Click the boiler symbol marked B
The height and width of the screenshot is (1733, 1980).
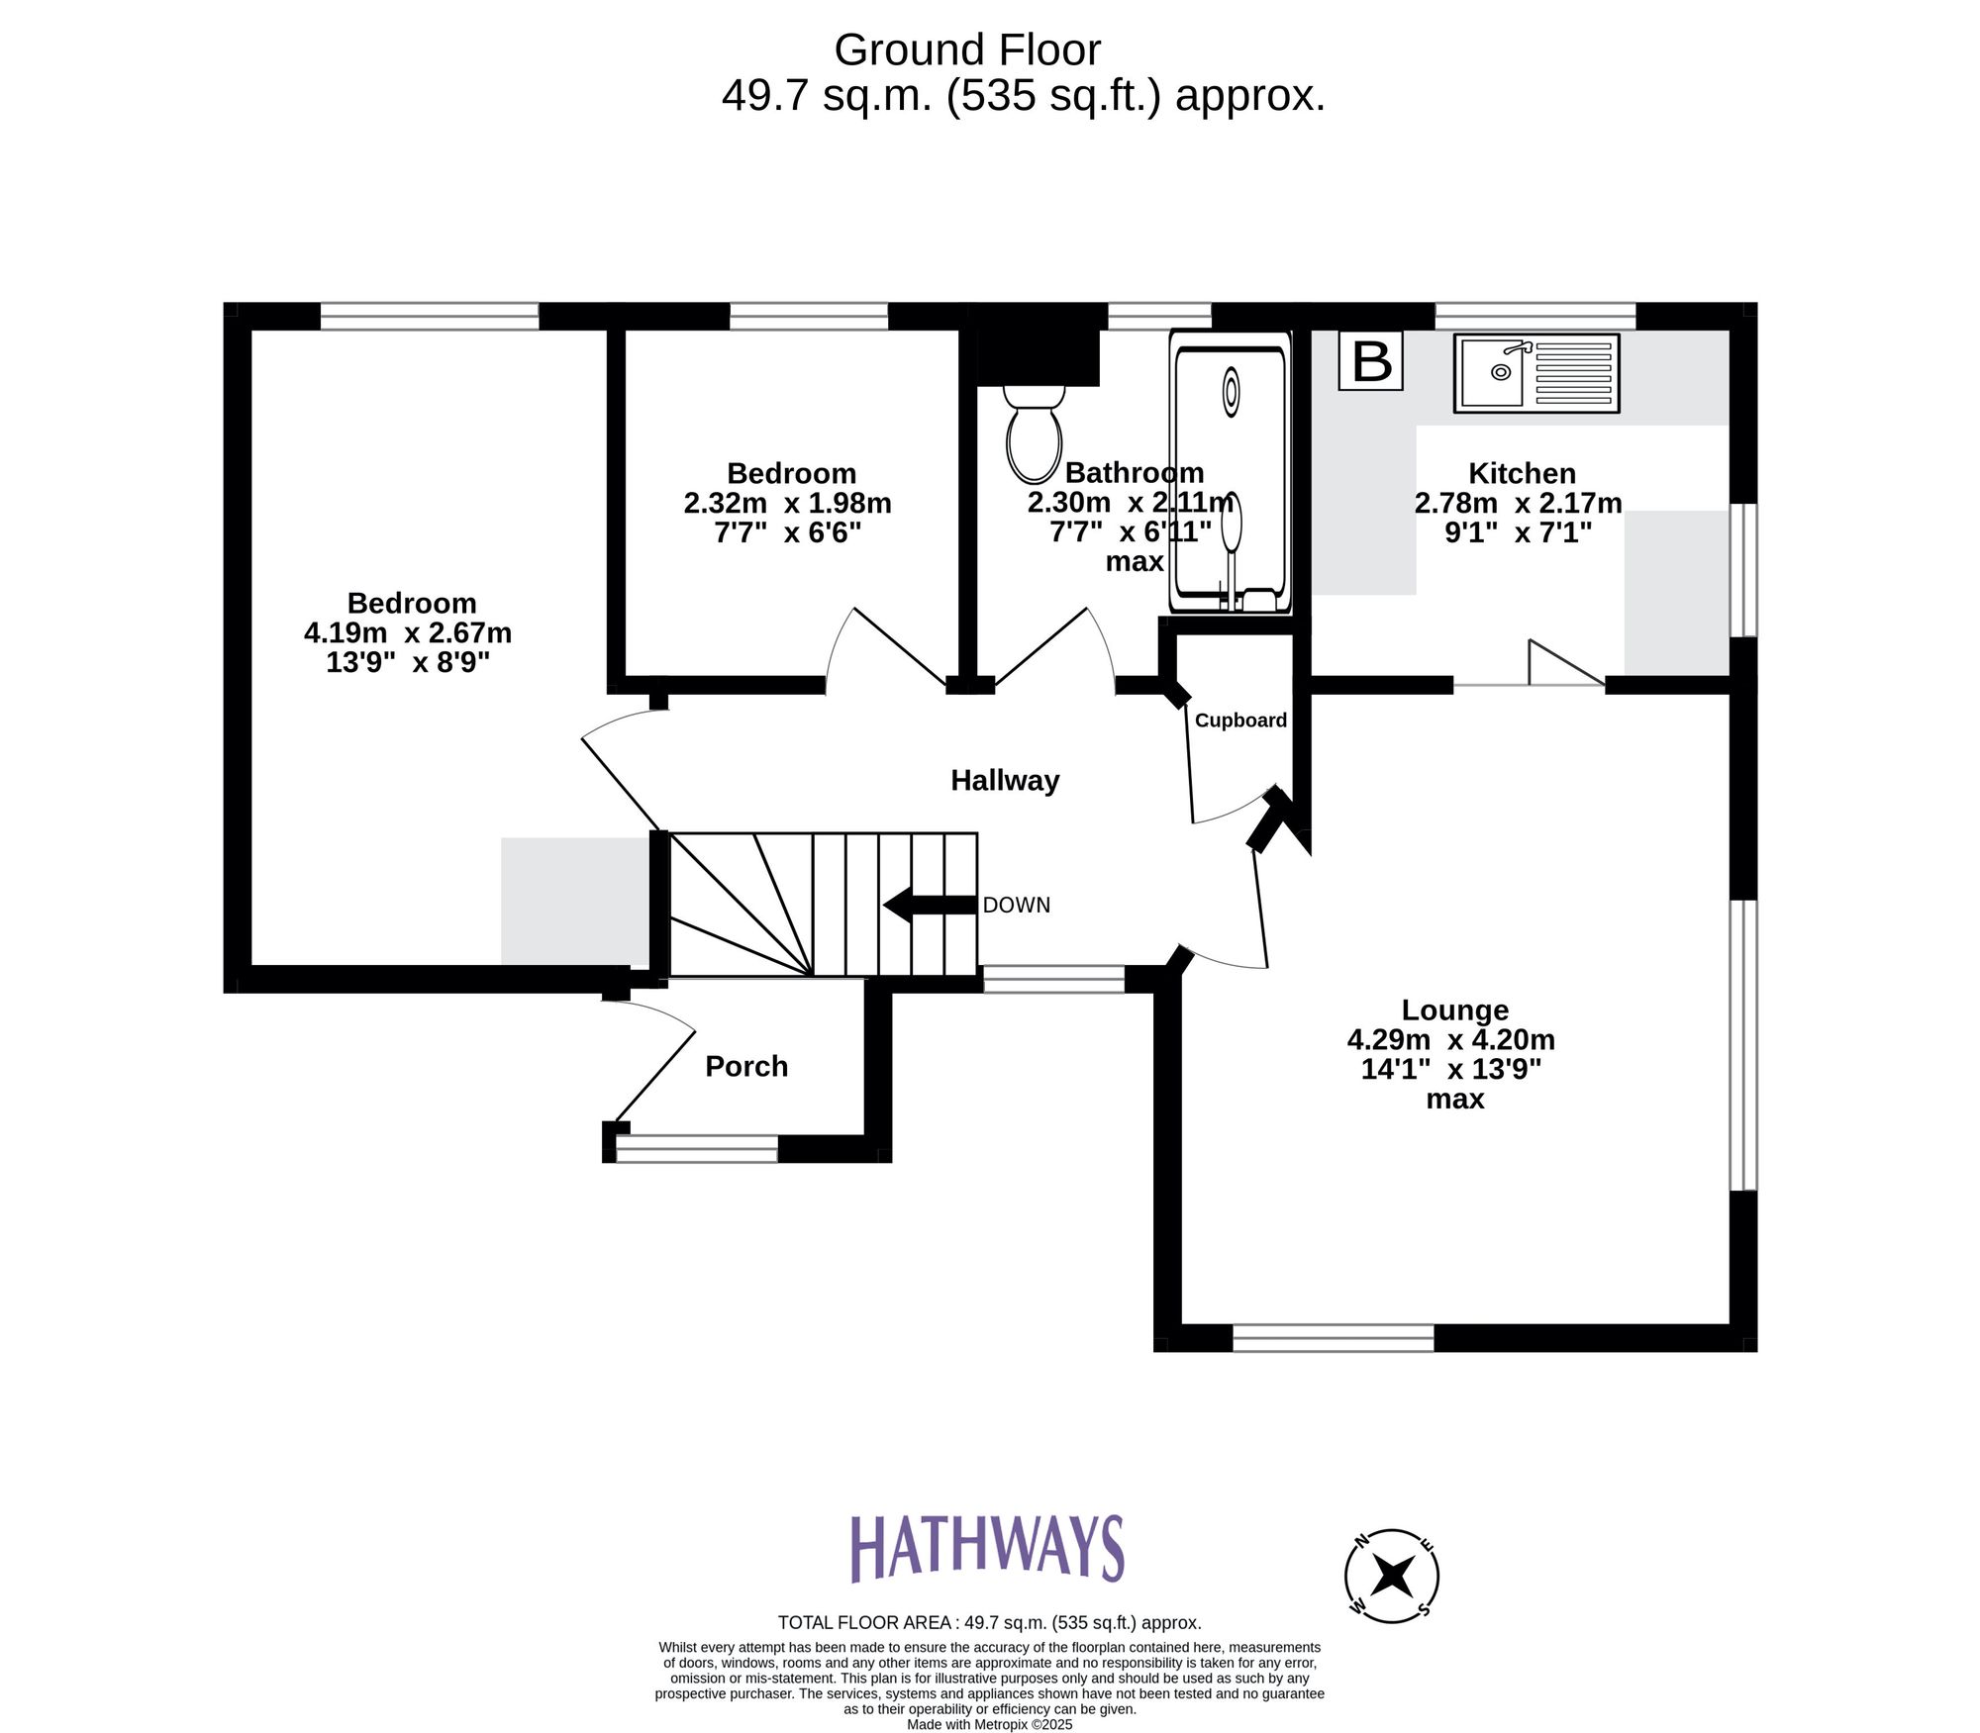[1371, 361]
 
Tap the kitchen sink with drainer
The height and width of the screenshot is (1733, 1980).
[1535, 373]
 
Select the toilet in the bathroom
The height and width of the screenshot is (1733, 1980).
[1034, 435]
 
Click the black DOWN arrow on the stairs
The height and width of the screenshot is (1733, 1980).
[929, 904]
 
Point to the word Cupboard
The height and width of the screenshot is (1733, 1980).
[1240, 721]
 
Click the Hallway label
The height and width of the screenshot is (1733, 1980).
[1005, 781]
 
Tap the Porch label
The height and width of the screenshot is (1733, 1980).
[746, 1066]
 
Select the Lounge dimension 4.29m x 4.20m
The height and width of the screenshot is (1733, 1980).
[1450, 1040]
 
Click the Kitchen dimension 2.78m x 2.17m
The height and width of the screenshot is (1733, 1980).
[1518, 504]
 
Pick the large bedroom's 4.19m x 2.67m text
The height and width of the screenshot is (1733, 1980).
[408, 632]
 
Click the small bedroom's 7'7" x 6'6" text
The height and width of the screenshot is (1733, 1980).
[788, 532]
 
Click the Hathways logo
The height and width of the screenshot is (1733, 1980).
[987, 1547]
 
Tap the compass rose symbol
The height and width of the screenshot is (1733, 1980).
[1391, 1576]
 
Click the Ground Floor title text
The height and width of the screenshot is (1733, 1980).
[967, 49]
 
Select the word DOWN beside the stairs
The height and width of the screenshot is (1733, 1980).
[1017, 905]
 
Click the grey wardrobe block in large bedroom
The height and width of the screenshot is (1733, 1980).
[574, 901]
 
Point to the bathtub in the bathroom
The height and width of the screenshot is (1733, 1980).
[1231, 472]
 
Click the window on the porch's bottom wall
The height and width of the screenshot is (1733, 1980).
[697, 1148]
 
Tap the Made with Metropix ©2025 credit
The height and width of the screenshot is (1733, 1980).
[989, 1724]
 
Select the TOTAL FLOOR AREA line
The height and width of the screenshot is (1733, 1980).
[989, 1623]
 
